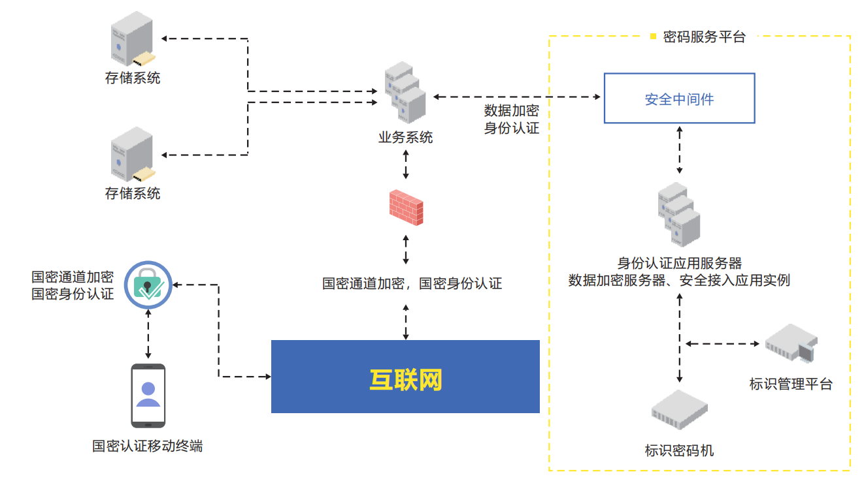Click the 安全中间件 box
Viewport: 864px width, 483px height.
click(679, 99)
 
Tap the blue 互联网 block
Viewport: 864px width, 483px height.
click(405, 377)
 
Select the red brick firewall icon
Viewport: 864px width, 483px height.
click(406, 208)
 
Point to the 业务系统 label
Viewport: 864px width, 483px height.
click(406, 138)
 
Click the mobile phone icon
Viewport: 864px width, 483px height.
click(148, 394)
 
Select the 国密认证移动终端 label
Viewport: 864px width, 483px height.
click(148, 446)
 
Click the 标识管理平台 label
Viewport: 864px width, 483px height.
click(791, 384)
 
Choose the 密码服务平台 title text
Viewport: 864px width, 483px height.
click(704, 37)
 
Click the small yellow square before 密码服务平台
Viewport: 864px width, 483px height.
click(653, 37)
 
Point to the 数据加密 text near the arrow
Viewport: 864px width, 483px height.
click(511, 110)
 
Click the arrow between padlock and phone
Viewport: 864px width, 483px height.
click(148, 334)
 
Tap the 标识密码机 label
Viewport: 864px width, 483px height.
click(680, 450)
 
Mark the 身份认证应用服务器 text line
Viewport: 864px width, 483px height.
click(680, 264)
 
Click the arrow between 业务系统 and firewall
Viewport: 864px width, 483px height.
click(406, 164)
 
